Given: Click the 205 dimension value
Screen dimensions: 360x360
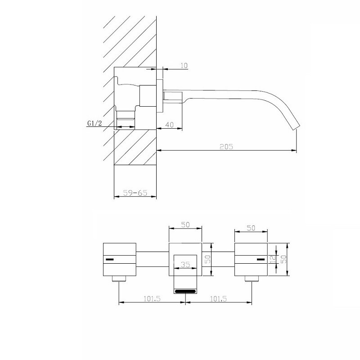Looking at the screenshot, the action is (x=226, y=147).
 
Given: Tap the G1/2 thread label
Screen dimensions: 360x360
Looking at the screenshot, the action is (x=94, y=123).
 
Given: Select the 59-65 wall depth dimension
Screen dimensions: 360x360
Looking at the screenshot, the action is (x=135, y=193).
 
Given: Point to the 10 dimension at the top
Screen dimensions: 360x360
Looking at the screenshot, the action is (x=184, y=66).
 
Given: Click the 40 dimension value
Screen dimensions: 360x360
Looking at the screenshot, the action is (x=170, y=125).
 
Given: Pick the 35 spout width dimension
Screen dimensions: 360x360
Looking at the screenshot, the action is (x=185, y=265).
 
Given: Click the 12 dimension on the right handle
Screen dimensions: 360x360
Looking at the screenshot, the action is (x=273, y=260).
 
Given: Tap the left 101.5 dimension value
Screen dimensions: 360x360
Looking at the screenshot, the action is (x=152, y=299).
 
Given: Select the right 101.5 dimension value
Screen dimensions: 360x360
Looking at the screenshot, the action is (x=218, y=299).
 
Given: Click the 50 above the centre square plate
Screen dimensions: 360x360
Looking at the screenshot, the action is (x=185, y=225).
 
